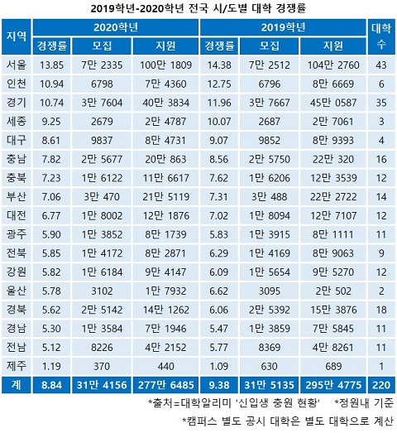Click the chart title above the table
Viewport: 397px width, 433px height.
[198, 9]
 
